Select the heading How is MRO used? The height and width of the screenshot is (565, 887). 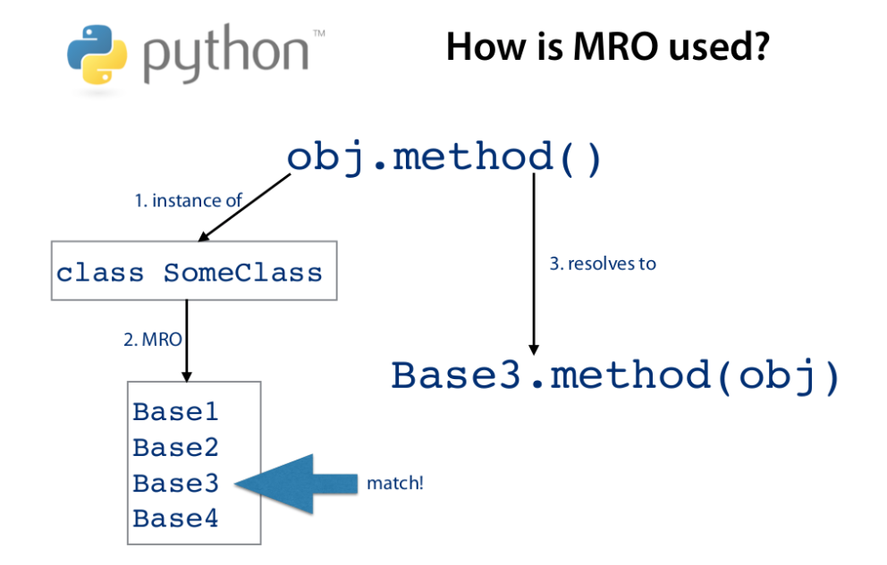click(x=607, y=46)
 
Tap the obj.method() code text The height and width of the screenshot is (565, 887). click(x=444, y=157)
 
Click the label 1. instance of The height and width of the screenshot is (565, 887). click(x=188, y=201)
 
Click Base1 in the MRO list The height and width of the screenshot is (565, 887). click(x=175, y=412)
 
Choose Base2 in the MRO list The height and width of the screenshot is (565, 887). click(x=175, y=447)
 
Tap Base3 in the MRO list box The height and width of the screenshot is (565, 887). click(x=175, y=483)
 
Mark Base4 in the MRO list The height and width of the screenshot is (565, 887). click(x=175, y=518)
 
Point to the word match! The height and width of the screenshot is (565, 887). click(x=394, y=484)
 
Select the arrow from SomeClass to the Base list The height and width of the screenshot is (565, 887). click(x=187, y=340)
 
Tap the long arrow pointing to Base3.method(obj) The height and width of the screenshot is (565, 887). click(x=534, y=264)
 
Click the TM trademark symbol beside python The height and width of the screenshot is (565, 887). click(x=318, y=33)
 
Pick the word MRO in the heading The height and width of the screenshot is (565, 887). click(x=639, y=46)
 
